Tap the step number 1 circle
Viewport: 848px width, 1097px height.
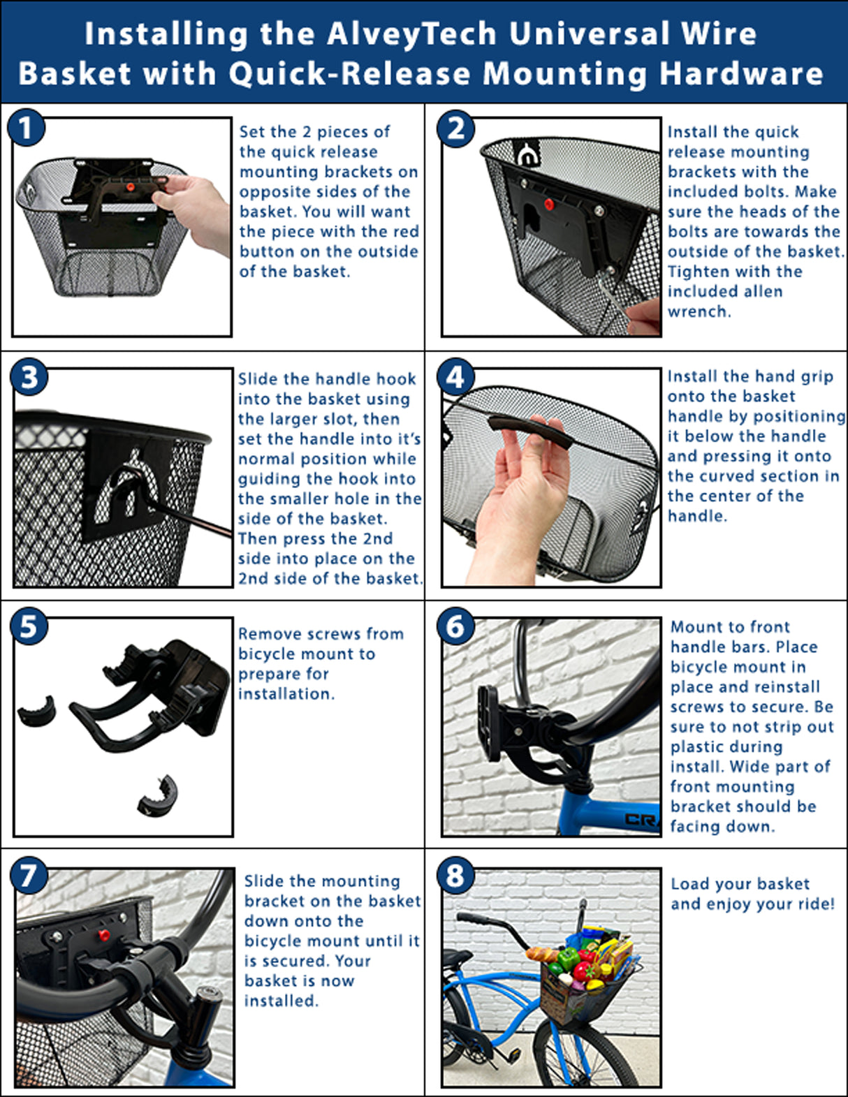pos(27,129)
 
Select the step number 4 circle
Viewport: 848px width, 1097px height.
pos(455,378)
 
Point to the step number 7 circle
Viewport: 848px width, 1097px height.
pos(28,876)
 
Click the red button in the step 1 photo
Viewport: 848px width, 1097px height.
pos(129,187)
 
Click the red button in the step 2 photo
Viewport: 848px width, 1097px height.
pos(549,205)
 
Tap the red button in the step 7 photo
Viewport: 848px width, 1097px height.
pos(104,935)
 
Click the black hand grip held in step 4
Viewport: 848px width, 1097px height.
pos(529,427)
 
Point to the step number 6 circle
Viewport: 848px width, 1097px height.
pos(455,626)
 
